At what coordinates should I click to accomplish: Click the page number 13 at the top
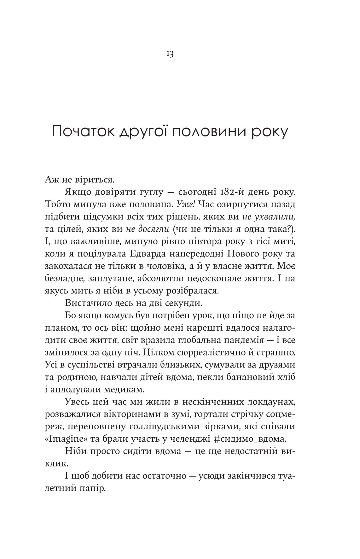click(169, 54)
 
